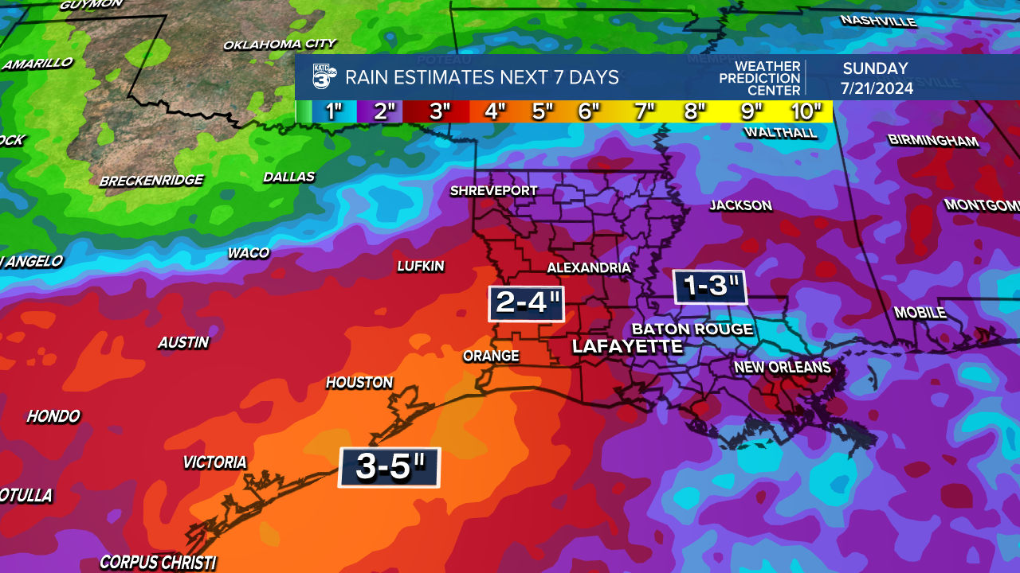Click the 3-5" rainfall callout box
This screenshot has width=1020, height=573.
click(x=389, y=467)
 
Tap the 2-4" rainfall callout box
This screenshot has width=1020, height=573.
click(x=526, y=303)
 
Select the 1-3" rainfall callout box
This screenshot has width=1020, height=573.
click(x=709, y=286)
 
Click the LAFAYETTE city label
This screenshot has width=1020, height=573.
click(x=627, y=346)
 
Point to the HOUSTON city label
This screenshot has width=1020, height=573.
click(x=359, y=383)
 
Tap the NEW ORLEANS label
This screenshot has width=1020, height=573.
click(x=782, y=368)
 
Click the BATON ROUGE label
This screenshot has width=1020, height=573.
click(x=692, y=329)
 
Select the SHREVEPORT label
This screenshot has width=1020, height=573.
click(x=493, y=191)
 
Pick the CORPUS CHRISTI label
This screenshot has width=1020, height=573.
click(x=158, y=563)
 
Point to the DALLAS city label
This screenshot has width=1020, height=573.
click(x=289, y=177)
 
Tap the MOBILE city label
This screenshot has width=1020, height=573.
click(x=920, y=313)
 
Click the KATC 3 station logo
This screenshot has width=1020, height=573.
click(x=324, y=77)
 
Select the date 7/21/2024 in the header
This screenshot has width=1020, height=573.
click(x=875, y=88)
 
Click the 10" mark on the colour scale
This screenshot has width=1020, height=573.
click(x=806, y=111)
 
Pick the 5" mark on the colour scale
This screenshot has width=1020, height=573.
click(x=542, y=111)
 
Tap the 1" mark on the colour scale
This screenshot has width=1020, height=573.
click(x=333, y=111)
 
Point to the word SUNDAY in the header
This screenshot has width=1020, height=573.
click(x=875, y=68)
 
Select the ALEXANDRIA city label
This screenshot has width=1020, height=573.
click(x=588, y=268)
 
